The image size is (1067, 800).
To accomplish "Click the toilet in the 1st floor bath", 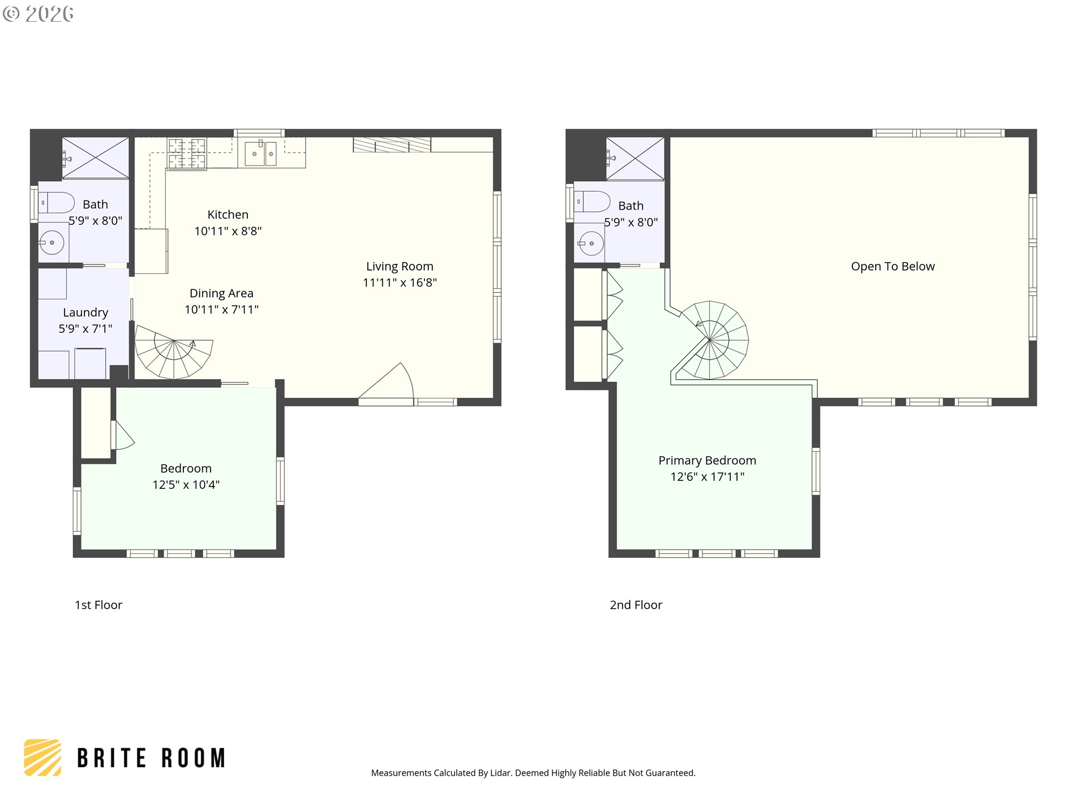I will pos(56,203).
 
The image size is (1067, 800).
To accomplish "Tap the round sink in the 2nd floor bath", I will pos(591,243).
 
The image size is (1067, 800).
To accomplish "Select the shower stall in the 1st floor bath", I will pos(96,158).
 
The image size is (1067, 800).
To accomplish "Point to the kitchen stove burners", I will pos(187,154).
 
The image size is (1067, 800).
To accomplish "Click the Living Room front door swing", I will pos(392,383).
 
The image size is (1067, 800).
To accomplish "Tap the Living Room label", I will pos(400,266).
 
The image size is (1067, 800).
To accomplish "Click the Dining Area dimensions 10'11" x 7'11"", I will pos(222,309).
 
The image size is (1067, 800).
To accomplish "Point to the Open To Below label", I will pos(893,266).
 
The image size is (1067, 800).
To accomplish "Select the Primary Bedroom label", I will pos(707,460).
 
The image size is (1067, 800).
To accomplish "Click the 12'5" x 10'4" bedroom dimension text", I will pos(186,484).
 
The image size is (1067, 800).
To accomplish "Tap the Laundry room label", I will pos(86,312).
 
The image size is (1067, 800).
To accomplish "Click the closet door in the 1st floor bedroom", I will pos(123,436).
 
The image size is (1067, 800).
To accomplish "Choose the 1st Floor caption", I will pos(98,605).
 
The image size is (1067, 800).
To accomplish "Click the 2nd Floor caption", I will pos(636,605).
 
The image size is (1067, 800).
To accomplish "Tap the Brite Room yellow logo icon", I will pos(43,757).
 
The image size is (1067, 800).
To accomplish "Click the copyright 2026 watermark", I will pos(38,13).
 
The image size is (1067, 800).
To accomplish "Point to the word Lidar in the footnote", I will pos(501,773).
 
